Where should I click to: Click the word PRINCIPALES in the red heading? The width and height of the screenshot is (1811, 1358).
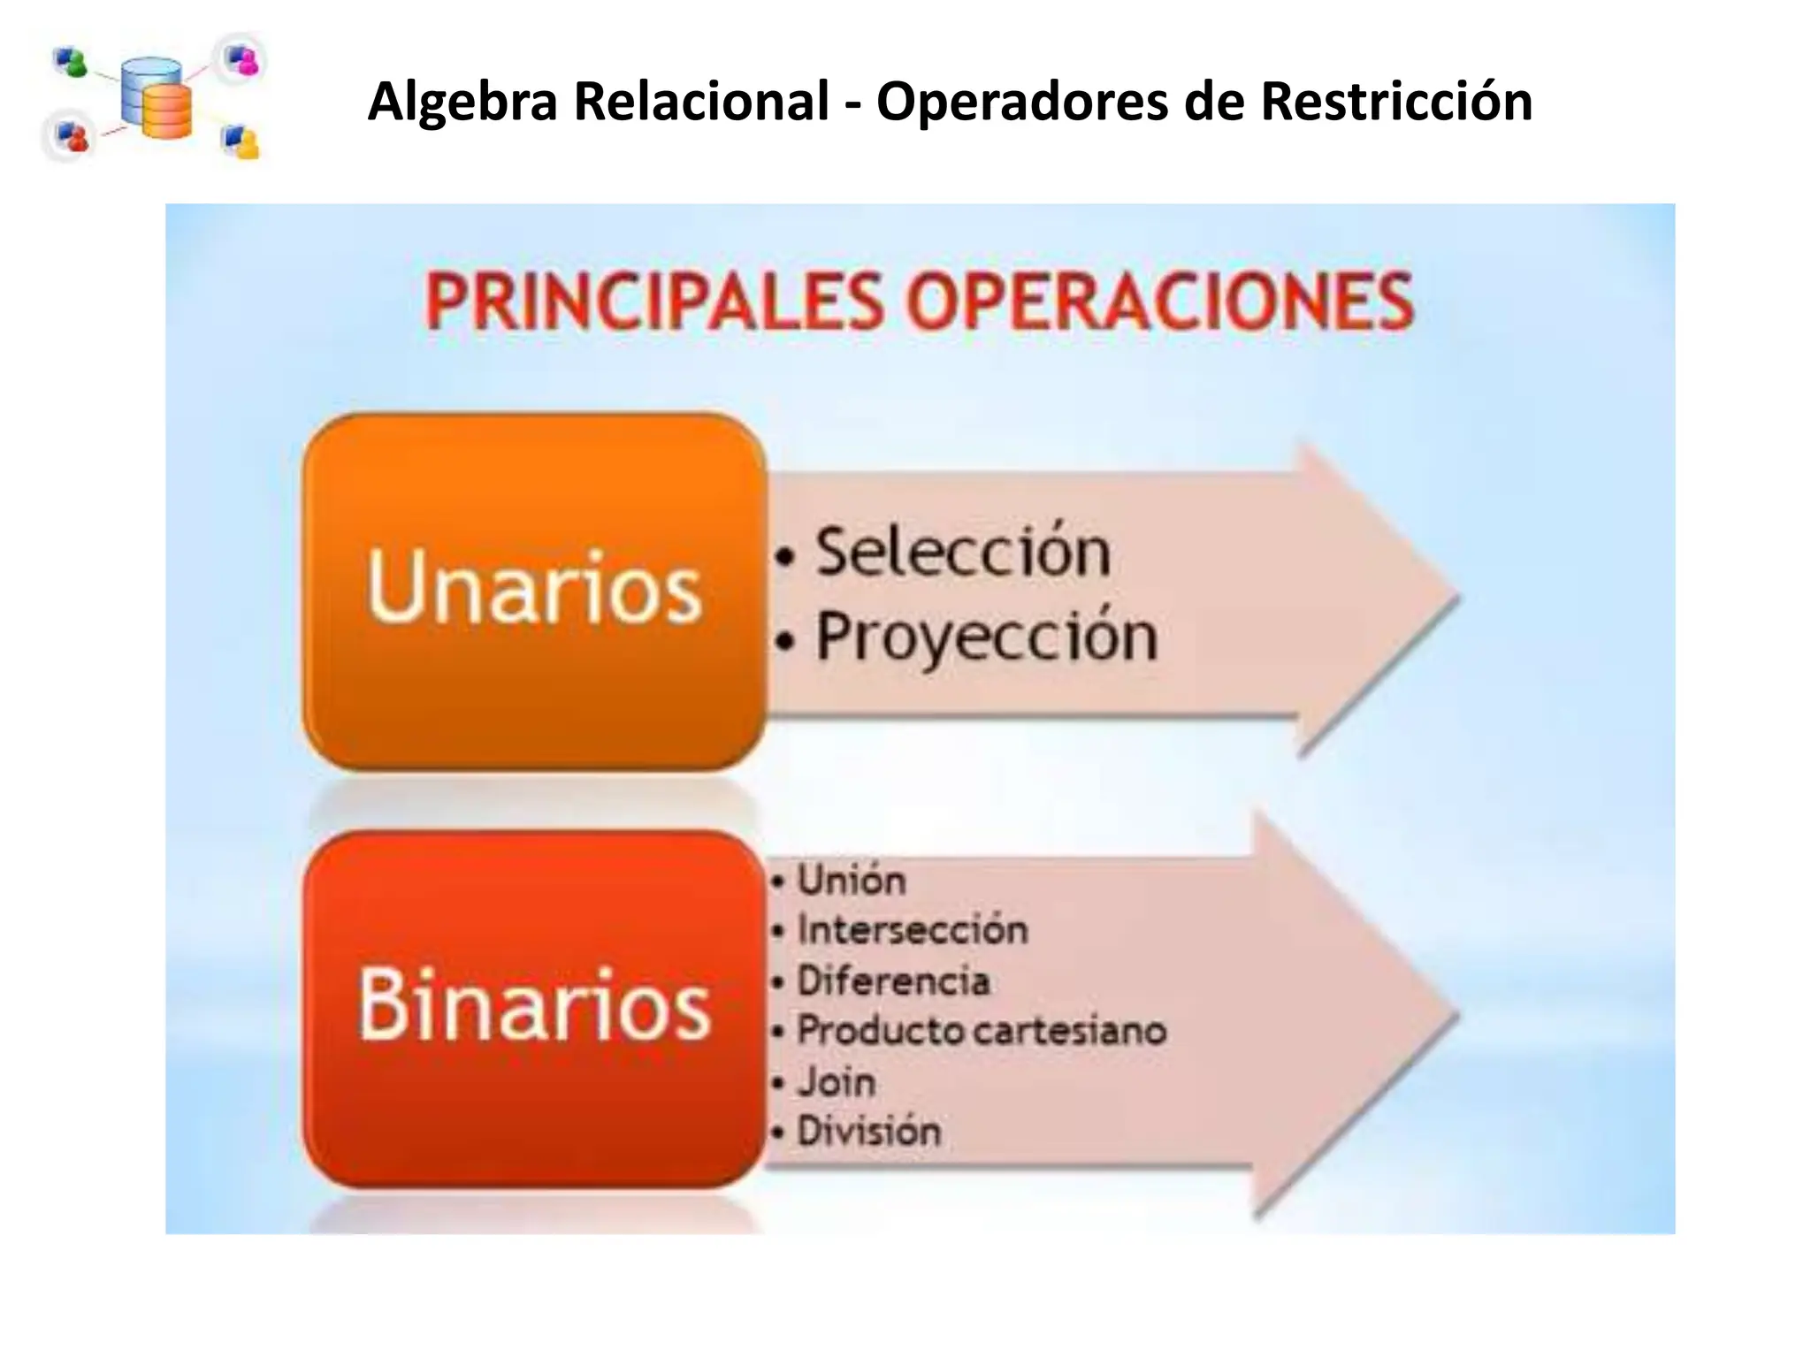tap(654, 303)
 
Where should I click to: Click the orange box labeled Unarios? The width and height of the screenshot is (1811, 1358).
tap(534, 590)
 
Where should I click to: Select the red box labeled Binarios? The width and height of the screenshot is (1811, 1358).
tap(534, 1007)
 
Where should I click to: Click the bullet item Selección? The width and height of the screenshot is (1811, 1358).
tap(962, 553)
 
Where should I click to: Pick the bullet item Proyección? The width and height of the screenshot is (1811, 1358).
tap(985, 637)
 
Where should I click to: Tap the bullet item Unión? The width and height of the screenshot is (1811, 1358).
tap(851, 881)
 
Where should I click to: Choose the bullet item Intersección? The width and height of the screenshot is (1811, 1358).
tap(912, 930)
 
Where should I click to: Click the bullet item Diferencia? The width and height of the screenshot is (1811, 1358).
tap(893, 981)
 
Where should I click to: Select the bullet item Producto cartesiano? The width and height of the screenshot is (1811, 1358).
tap(982, 1031)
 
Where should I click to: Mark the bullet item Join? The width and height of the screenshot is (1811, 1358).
tap(836, 1082)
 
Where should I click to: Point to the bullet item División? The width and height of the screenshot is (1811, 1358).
tap(868, 1132)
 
